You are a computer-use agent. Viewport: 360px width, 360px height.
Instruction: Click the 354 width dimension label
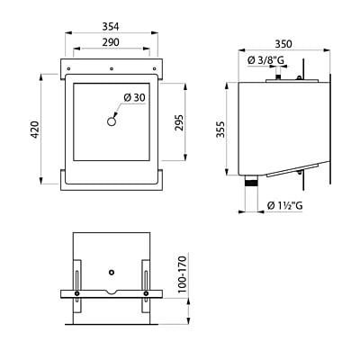[111, 27]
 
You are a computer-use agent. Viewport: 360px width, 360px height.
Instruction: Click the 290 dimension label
[111, 42]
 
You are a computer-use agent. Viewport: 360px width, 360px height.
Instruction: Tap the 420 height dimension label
[35, 130]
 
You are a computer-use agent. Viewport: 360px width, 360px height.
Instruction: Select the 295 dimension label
[179, 122]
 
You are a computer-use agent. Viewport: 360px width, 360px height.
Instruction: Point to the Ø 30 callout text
[134, 97]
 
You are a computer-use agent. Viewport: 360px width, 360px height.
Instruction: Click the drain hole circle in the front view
[112, 121]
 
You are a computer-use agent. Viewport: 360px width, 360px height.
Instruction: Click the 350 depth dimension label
[283, 44]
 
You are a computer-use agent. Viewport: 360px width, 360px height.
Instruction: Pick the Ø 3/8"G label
[265, 60]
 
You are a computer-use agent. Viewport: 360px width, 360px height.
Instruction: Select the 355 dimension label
[220, 130]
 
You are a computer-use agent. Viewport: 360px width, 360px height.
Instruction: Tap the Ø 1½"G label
[284, 205]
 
